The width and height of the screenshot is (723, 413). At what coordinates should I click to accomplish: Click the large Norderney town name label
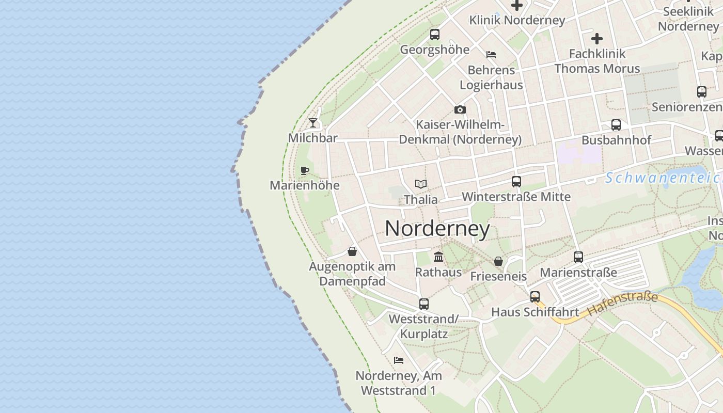[x=437, y=229]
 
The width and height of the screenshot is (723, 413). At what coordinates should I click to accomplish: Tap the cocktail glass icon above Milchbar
[x=313, y=123]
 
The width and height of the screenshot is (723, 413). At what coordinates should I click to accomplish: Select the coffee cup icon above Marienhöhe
[x=305, y=170]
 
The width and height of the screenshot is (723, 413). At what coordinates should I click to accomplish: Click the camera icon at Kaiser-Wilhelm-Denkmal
[x=460, y=109]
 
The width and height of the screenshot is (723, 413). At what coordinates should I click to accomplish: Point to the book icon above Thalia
[x=421, y=184]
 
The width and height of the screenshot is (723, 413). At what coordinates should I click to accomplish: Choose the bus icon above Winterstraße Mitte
[x=516, y=181]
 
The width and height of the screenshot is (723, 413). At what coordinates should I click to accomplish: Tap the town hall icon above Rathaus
[x=438, y=257]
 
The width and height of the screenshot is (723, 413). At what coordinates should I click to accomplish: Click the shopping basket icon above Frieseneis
[x=498, y=261]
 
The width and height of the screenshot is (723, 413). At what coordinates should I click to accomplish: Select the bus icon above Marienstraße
[x=578, y=257]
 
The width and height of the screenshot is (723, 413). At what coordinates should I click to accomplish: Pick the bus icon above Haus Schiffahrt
[x=535, y=296]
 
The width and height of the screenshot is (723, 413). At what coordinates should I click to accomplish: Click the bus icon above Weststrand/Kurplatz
[x=423, y=304]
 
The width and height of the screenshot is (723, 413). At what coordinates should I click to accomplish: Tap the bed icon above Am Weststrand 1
[x=398, y=360]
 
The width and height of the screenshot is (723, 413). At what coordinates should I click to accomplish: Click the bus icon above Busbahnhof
[x=616, y=124]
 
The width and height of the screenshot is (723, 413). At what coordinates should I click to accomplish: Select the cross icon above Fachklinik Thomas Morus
[x=597, y=38]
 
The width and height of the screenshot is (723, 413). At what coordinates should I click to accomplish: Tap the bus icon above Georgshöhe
[x=434, y=35]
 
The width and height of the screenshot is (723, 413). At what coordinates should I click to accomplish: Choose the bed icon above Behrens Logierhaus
[x=491, y=54]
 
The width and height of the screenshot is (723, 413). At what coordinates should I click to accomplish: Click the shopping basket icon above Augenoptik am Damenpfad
[x=352, y=251]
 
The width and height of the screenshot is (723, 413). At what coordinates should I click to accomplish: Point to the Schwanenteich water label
[x=664, y=178]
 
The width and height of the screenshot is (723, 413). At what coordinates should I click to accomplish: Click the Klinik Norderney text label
[x=517, y=20]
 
